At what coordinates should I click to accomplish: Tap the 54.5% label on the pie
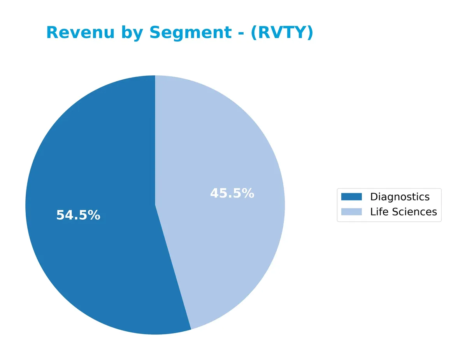click(78, 215)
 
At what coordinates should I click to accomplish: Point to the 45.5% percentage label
click(232, 193)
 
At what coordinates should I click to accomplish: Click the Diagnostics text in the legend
click(400, 197)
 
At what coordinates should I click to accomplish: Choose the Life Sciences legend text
click(403, 212)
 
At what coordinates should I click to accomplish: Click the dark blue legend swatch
click(351, 197)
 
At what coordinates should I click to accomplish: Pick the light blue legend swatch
click(351, 212)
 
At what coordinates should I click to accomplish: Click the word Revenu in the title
click(80, 33)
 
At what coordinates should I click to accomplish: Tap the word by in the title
click(131, 33)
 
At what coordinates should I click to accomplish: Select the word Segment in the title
click(190, 33)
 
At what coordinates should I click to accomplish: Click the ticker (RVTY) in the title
click(282, 33)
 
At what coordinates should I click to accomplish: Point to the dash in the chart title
click(241, 33)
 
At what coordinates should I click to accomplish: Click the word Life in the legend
click(378, 212)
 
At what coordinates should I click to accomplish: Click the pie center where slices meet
click(155, 205)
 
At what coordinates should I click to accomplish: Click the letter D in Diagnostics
click(373, 197)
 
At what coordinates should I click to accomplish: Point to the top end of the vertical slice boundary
click(155, 76)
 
